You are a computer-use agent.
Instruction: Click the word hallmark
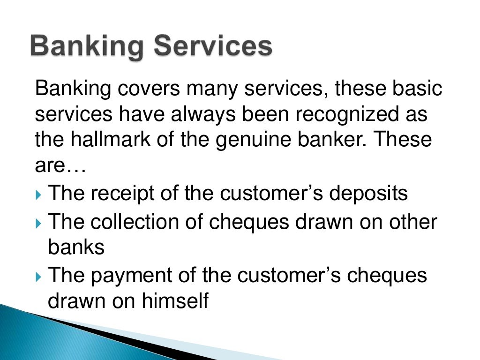pyautogui.click(x=112, y=141)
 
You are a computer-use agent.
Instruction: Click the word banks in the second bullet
pyautogui.click(x=76, y=247)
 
